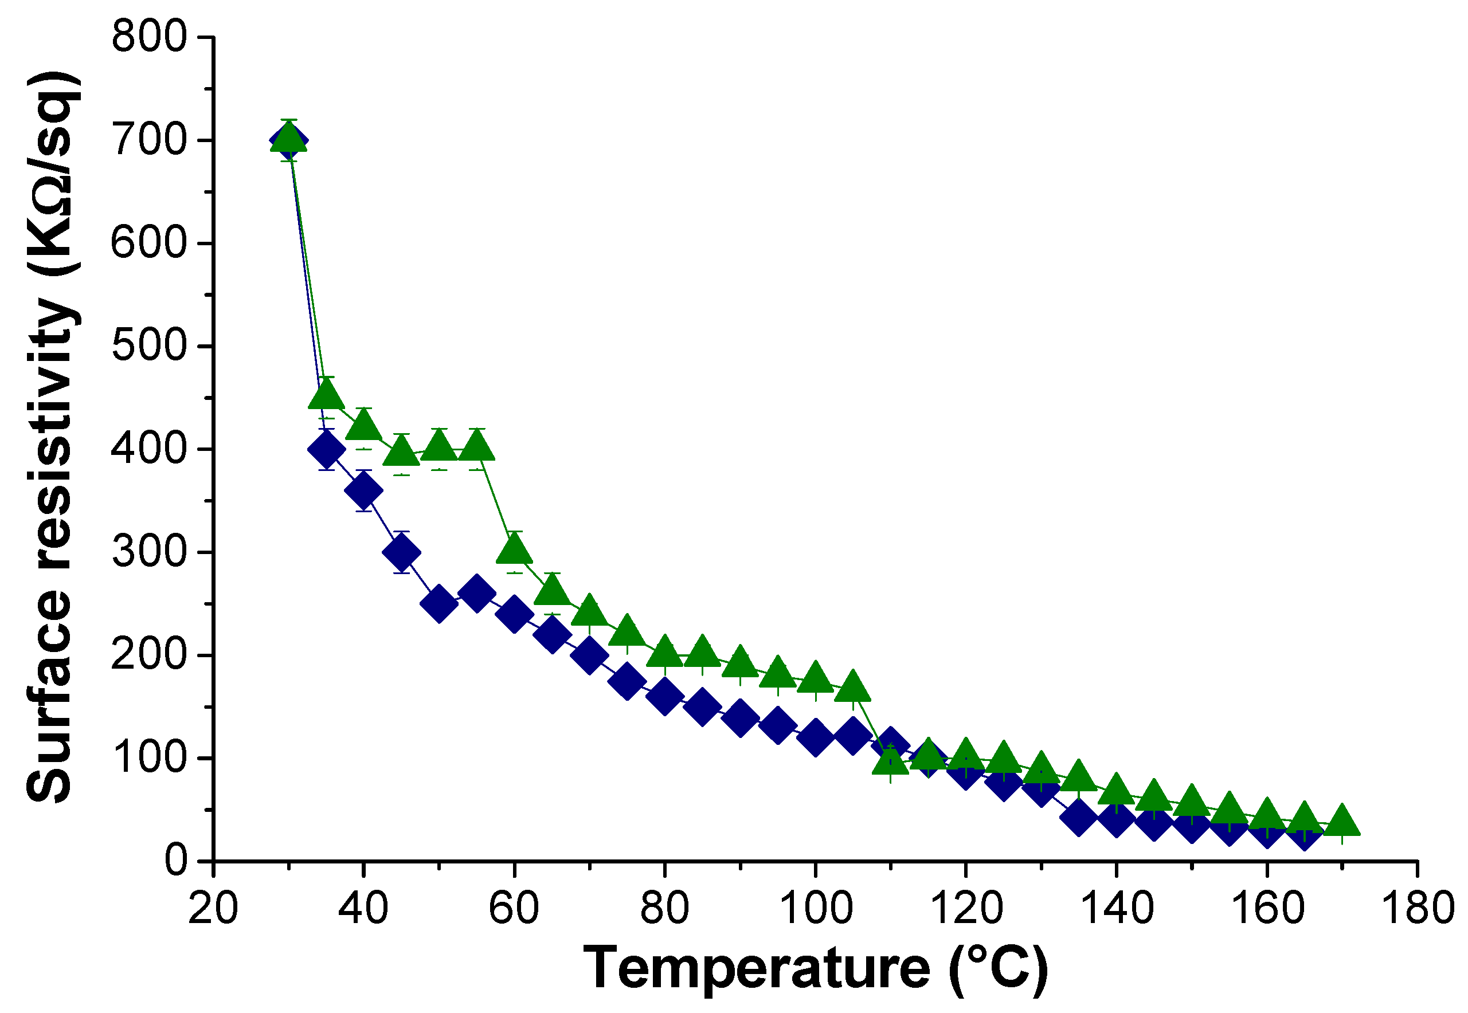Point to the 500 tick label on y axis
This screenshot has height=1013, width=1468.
pos(150,346)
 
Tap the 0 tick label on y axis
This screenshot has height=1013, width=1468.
pos(176,861)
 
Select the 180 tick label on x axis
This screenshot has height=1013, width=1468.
pos(1417,908)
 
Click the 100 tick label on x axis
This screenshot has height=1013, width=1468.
pos(815,908)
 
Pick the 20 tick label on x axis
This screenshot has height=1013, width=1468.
pos(213,908)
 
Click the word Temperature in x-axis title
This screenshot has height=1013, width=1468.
pos(756,968)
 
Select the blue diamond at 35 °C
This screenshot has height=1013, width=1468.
pos(326,449)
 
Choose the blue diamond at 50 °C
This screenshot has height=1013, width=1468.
pos(439,603)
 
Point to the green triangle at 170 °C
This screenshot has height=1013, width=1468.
pos(1342,821)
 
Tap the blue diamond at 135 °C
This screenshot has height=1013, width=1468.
pos(1078,818)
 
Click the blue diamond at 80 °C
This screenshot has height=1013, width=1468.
pos(665,696)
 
